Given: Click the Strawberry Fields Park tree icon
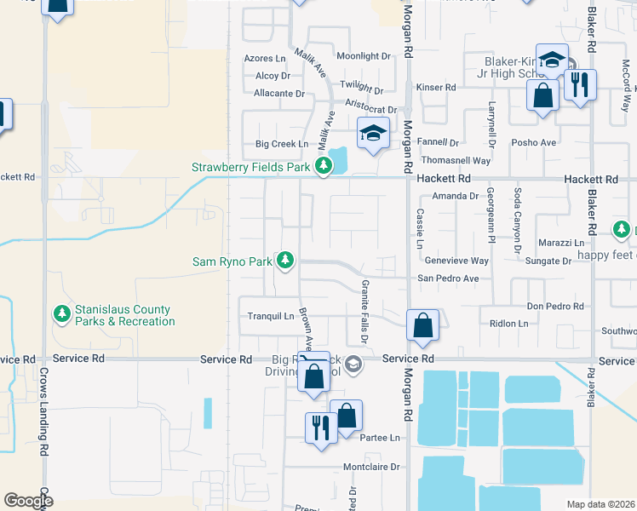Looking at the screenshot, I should pyautogui.click(x=323, y=167).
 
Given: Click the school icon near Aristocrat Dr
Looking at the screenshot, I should pyautogui.click(x=372, y=134).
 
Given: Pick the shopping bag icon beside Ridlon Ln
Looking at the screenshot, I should pyautogui.click(x=422, y=325).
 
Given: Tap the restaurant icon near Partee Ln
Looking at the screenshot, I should pyautogui.click(x=320, y=428).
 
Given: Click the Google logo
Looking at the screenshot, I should pyautogui.click(x=28, y=501).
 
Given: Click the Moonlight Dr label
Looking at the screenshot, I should pyautogui.click(x=363, y=56).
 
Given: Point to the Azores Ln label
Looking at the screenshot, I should pyautogui.click(x=265, y=59).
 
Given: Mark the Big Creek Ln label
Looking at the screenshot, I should pyautogui.click(x=270, y=145).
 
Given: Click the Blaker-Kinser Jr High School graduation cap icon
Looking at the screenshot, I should pyautogui.click(x=553, y=60).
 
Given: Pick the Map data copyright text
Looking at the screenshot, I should pyautogui.click(x=601, y=504).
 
